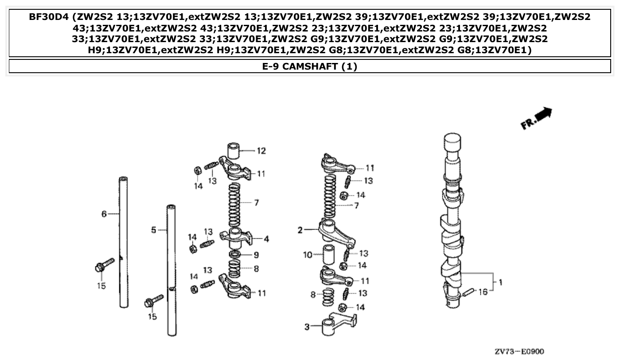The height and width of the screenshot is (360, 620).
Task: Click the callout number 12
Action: pyautogui.click(x=261, y=151)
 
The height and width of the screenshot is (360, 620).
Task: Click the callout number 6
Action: pyautogui.click(x=104, y=214)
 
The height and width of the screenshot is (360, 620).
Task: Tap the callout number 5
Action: pyautogui.click(x=153, y=230)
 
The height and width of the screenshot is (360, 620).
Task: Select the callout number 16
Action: pyautogui.click(x=483, y=292)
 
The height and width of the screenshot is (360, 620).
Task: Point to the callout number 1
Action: pyautogui.click(x=500, y=282)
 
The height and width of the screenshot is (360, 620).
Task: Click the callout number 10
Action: pyautogui.click(x=308, y=255)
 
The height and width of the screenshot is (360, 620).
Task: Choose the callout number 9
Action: pyautogui.click(x=256, y=255)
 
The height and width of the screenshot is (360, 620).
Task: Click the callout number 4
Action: pyautogui.click(x=266, y=239)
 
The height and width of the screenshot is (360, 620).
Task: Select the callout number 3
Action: pyautogui.click(x=306, y=327)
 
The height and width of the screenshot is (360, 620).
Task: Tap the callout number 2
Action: pyautogui.click(x=300, y=230)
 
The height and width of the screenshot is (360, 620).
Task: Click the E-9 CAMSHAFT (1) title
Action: pyautogui.click(x=310, y=67)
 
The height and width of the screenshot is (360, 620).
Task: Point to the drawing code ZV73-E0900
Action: pyautogui.click(x=519, y=351)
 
